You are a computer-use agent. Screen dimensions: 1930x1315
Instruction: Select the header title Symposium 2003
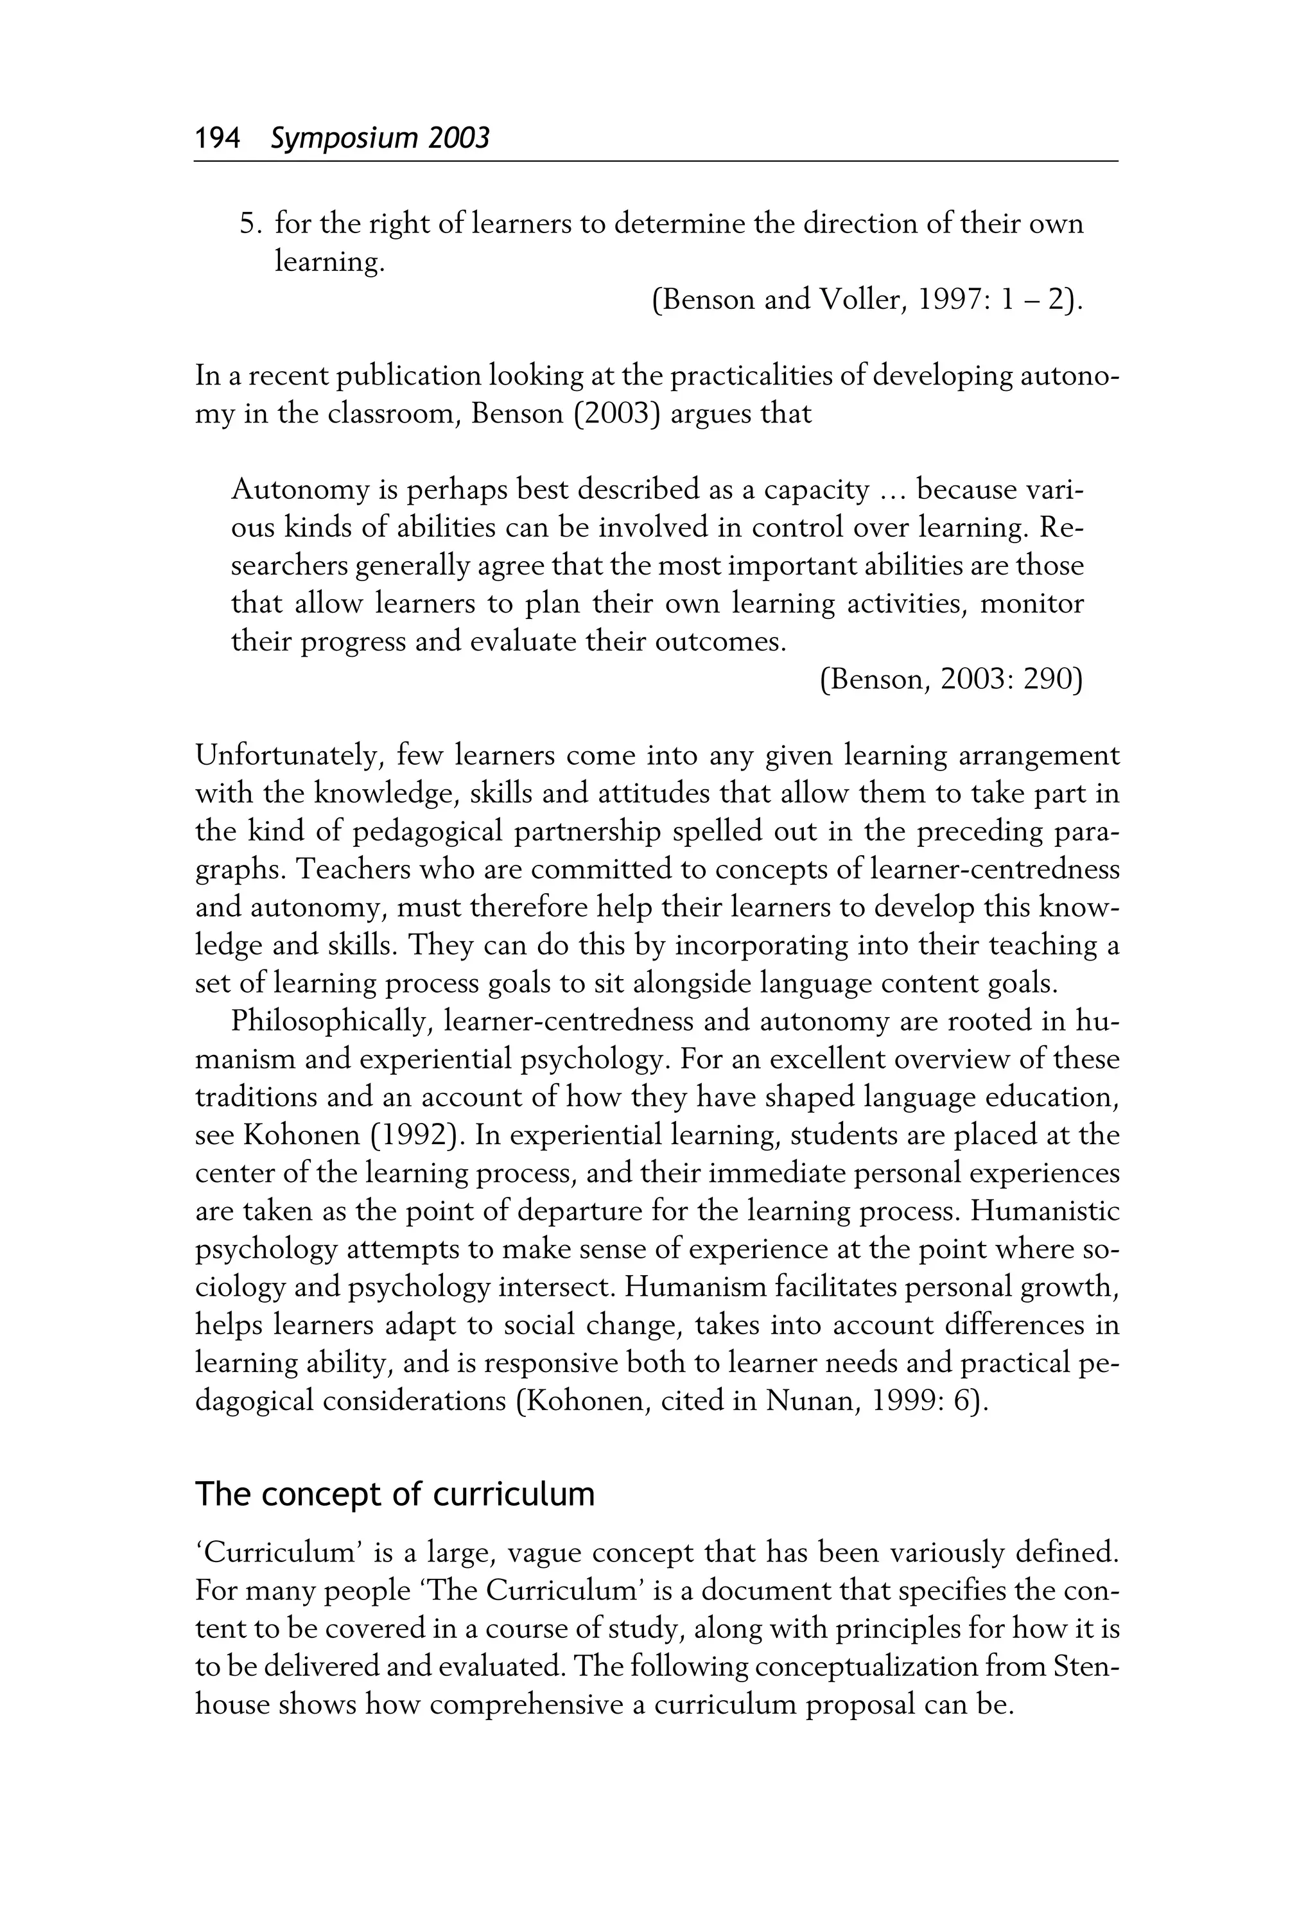(x=379, y=138)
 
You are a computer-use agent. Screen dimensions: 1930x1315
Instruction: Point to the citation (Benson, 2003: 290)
(x=951, y=680)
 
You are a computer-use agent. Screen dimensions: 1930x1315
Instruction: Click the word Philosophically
(x=329, y=1022)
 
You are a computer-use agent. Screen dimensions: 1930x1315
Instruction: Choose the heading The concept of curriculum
(x=395, y=1494)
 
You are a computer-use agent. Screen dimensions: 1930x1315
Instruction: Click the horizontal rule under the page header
(x=656, y=162)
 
